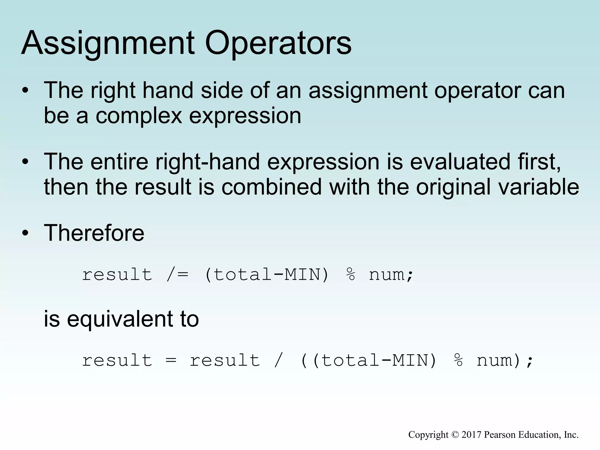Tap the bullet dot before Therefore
(25, 233)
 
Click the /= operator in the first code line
(178, 275)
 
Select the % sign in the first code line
(351, 275)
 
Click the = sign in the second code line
(171, 360)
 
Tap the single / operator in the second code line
(279, 360)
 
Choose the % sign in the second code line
(458, 360)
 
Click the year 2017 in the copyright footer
(471, 434)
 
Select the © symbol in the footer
(455, 434)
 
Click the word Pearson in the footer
(500, 434)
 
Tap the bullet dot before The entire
(25, 162)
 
